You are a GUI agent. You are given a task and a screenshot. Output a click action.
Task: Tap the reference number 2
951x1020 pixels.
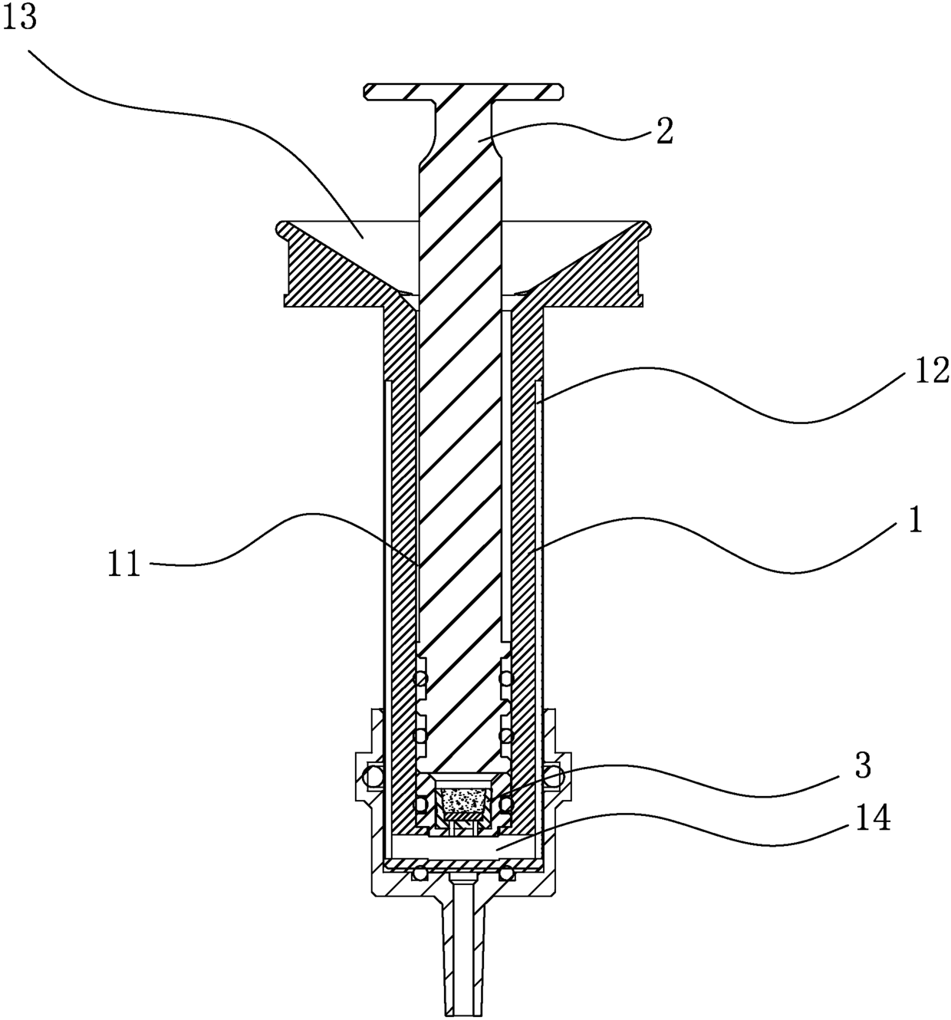tap(664, 131)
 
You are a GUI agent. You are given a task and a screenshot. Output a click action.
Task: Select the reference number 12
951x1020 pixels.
tap(931, 371)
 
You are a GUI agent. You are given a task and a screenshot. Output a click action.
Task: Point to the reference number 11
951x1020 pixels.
tap(124, 564)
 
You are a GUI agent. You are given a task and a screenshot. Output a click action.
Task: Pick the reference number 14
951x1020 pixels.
tap(873, 818)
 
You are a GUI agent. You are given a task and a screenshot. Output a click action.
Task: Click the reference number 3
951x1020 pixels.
tap(863, 766)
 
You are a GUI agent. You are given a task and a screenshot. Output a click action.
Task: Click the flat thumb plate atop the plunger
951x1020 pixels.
tap(463, 91)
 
